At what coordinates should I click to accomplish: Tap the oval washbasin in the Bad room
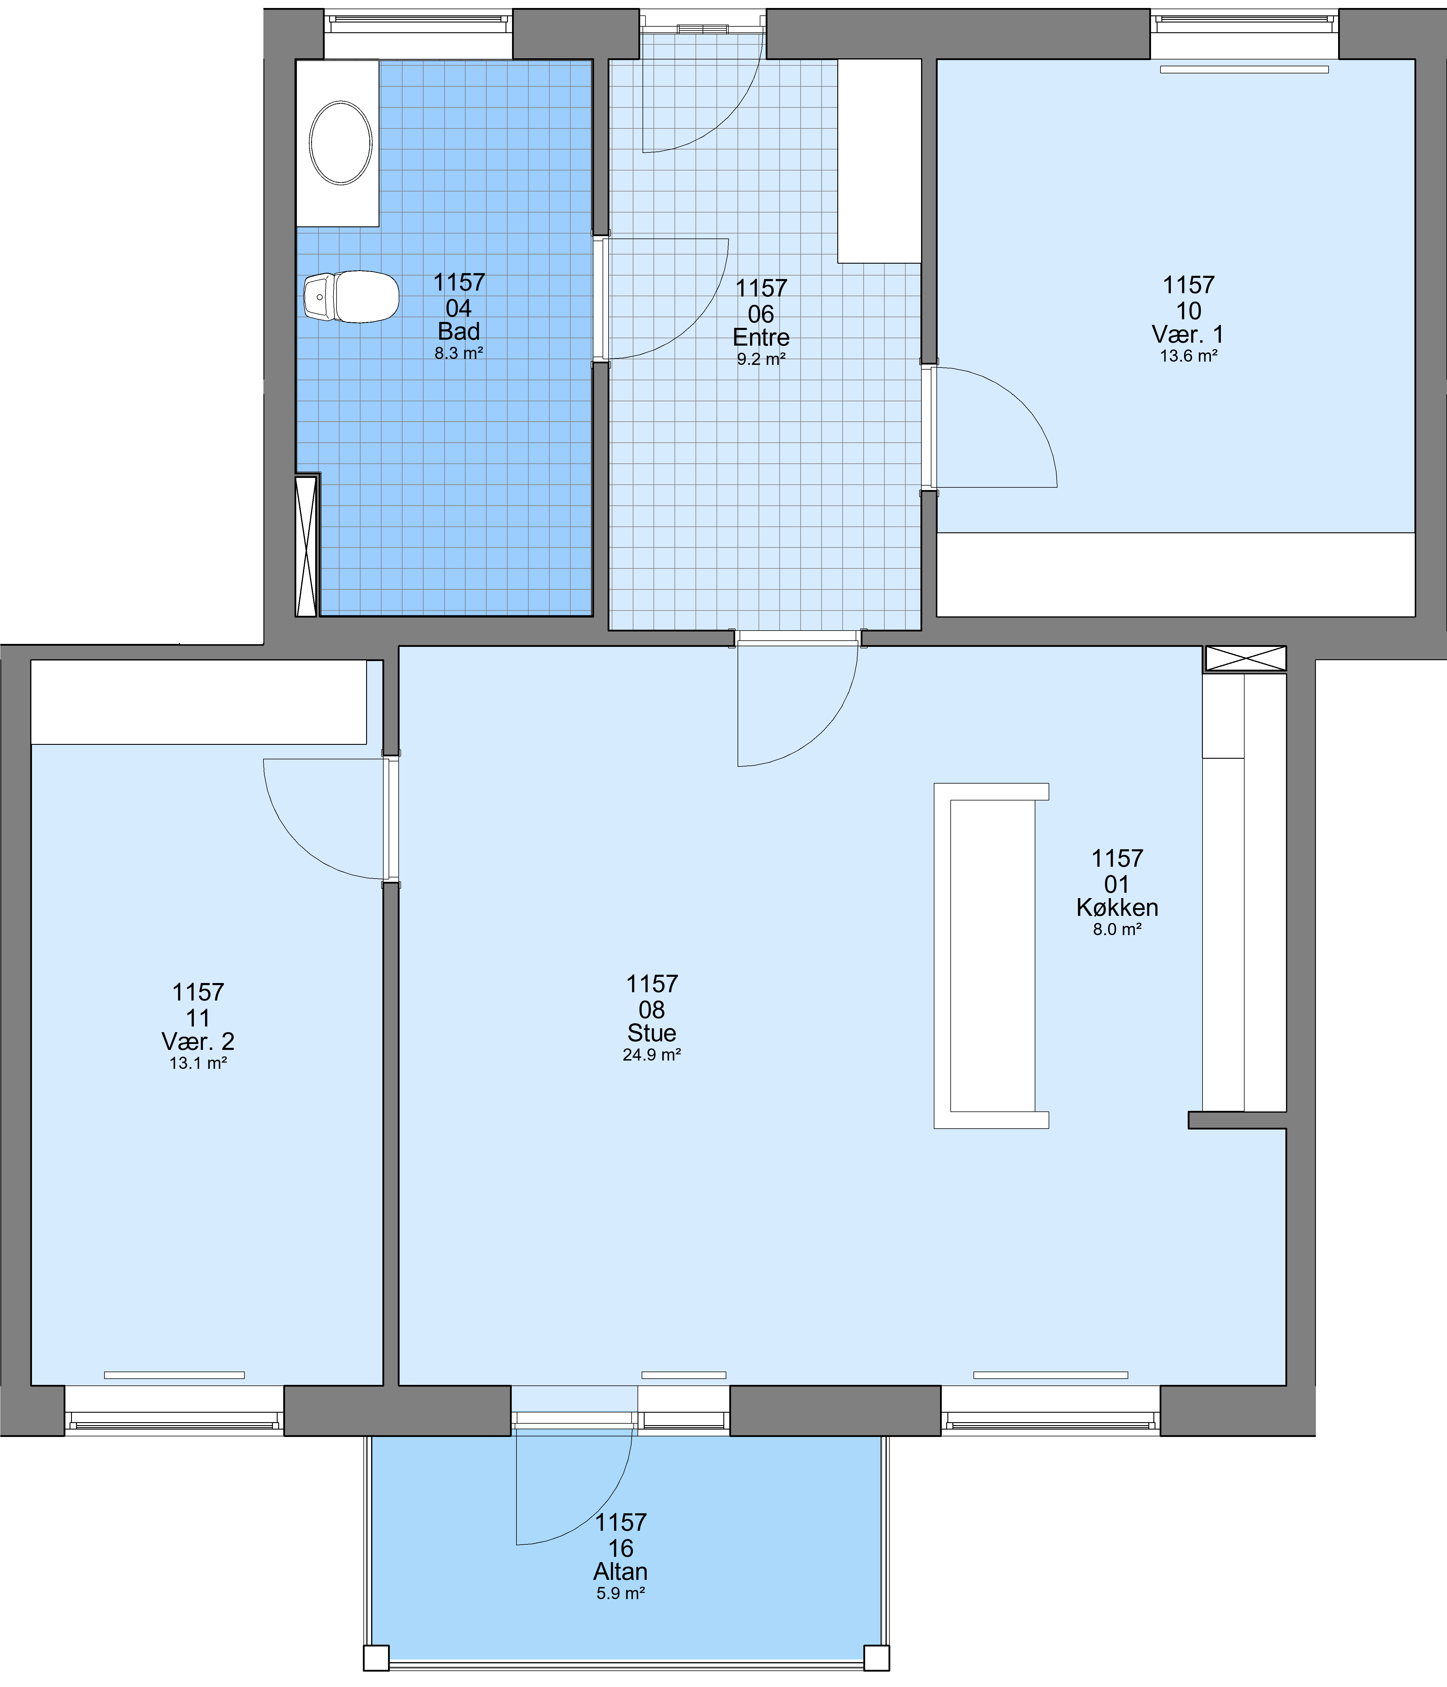340,143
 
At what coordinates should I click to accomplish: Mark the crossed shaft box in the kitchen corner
1245,658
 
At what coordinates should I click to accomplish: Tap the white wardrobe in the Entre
879,161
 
